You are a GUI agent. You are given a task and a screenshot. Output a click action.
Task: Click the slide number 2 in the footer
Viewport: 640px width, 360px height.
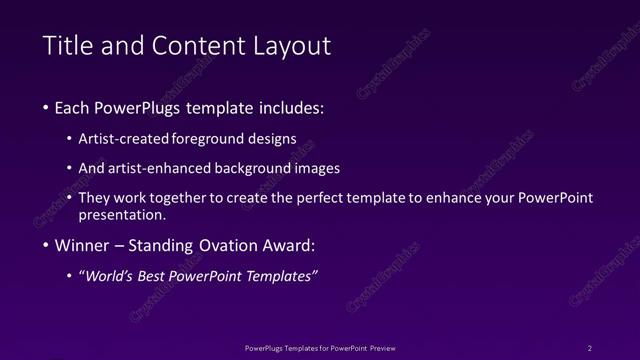(590, 348)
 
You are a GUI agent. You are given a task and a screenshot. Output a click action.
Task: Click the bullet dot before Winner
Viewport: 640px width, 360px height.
(46, 246)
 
